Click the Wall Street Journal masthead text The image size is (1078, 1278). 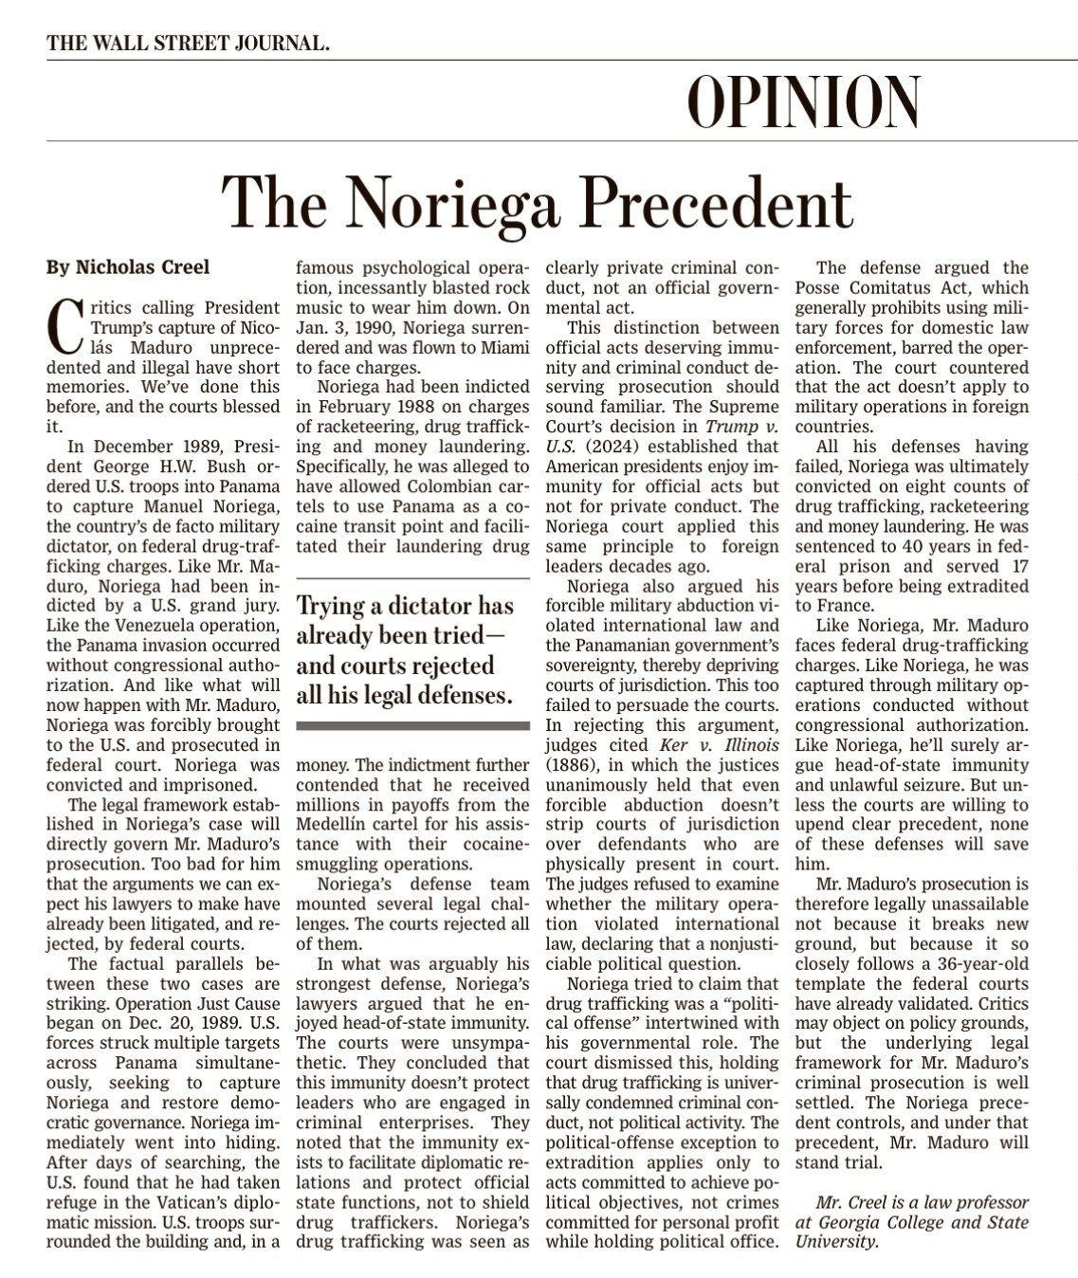point(189,43)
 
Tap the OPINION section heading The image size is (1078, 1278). point(804,101)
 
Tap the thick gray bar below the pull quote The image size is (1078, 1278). point(412,725)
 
